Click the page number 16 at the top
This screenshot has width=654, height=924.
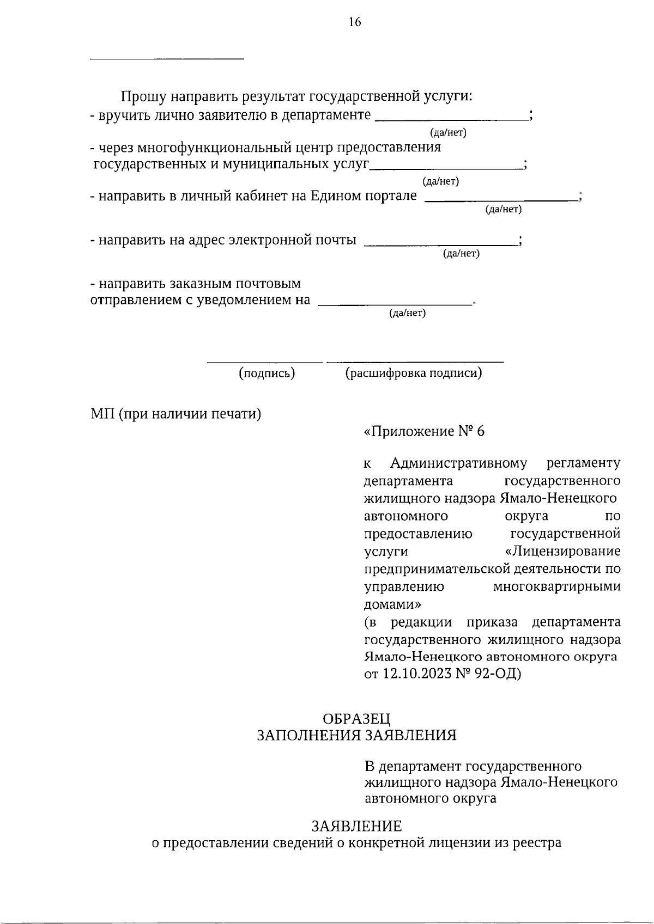point(354,22)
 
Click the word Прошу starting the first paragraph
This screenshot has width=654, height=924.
point(143,97)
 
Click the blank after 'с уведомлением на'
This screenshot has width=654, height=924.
point(395,304)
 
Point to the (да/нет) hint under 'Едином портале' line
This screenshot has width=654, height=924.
point(503,209)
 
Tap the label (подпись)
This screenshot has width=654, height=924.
point(267,373)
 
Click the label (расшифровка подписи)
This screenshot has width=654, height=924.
point(414,373)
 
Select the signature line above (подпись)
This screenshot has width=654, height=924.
point(264,362)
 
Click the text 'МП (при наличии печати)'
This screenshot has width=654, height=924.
point(175,414)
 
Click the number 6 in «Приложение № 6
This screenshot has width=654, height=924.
point(480,431)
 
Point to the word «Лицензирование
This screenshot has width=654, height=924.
point(563,551)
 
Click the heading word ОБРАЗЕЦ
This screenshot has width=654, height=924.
point(356,719)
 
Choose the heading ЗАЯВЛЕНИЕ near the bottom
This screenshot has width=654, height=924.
point(356,827)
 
